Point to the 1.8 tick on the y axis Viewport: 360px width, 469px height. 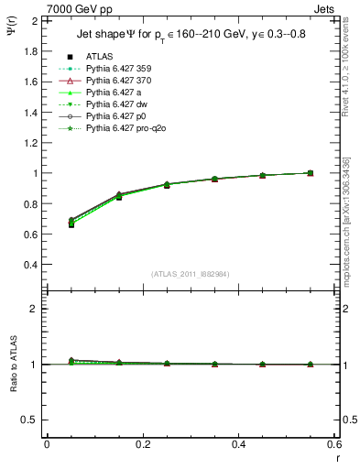(x=29, y=50)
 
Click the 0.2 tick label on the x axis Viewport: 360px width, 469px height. (x=142, y=444)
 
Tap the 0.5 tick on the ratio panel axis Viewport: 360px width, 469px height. (x=29, y=420)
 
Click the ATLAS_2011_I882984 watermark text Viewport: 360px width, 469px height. (x=190, y=274)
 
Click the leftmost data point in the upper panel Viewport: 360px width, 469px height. (x=47, y=223)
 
